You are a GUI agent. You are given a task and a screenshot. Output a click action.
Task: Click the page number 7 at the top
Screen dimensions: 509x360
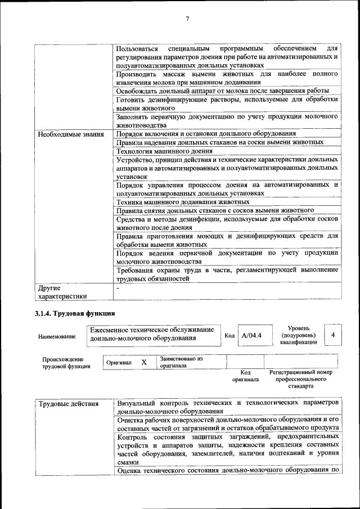pyautogui.click(x=187, y=19)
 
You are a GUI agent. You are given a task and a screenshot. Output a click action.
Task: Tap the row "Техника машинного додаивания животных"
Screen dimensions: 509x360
pyautogui.click(x=183, y=201)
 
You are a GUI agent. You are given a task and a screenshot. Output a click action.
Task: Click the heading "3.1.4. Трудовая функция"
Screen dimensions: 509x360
pyautogui.click(x=74, y=313)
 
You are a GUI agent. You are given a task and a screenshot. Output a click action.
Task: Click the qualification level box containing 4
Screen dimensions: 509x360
pyautogui.click(x=333, y=335)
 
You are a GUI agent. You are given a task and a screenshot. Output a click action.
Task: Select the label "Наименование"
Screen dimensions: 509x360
pyautogui.click(x=57, y=336)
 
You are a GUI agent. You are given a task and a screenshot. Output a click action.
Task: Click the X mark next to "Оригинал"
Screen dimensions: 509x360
pyautogui.click(x=144, y=363)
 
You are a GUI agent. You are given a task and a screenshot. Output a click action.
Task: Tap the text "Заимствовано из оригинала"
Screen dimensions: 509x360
pyautogui.click(x=181, y=361)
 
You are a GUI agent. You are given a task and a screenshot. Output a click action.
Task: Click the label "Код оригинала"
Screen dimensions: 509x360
pyautogui.click(x=245, y=376)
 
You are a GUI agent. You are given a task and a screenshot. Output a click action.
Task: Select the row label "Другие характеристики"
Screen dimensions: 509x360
pyautogui.click(x=62, y=292)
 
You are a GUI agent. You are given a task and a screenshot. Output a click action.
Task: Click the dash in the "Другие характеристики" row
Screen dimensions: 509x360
pyautogui.click(x=118, y=288)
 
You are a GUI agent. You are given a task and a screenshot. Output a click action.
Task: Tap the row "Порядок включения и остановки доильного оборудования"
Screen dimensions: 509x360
pyautogui.click(x=206, y=134)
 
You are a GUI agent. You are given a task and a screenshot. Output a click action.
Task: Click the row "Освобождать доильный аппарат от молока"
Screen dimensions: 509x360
pyautogui.click(x=222, y=91)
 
